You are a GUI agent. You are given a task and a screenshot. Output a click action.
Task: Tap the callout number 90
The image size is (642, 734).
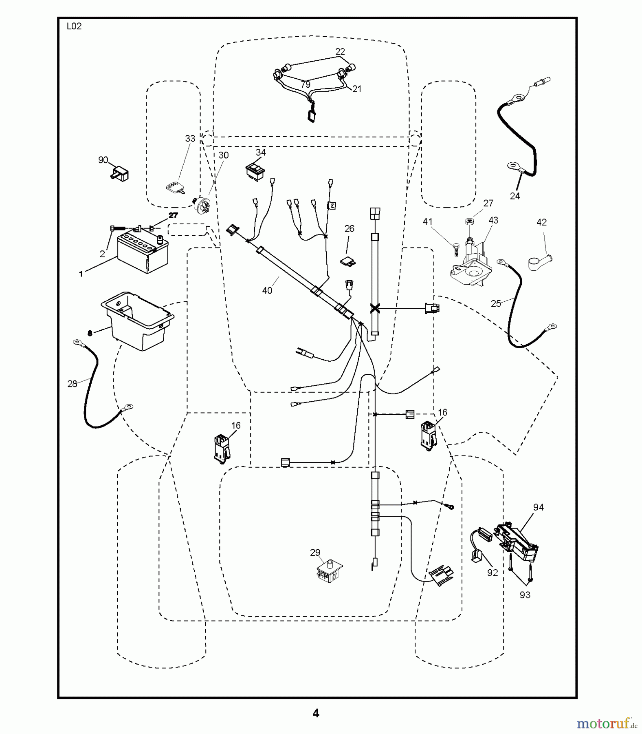(103, 160)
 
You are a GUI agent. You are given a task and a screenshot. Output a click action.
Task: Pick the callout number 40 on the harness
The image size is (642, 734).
(267, 290)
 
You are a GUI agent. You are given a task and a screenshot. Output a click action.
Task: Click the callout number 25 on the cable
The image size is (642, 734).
(496, 303)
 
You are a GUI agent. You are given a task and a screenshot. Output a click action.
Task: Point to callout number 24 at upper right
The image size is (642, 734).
(515, 196)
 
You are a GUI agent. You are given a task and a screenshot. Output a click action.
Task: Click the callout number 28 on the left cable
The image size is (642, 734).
(72, 384)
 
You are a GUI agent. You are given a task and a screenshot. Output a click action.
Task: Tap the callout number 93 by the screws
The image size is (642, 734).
(525, 595)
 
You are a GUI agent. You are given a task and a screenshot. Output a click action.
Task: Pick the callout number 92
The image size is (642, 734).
(492, 573)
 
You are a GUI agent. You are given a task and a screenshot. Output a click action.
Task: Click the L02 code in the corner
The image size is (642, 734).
(74, 27)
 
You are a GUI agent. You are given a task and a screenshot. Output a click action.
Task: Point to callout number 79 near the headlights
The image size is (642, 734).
(306, 84)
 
